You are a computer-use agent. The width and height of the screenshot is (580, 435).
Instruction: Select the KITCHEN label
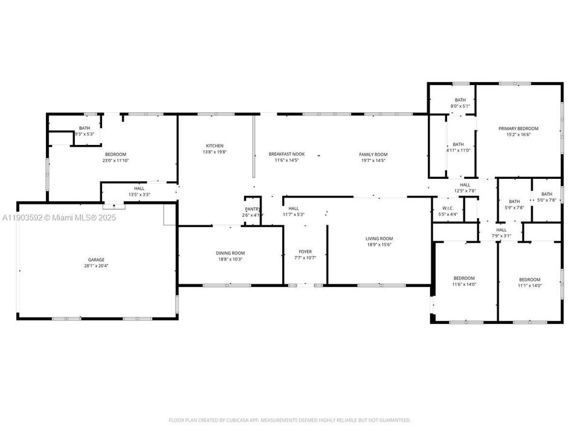click(x=214, y=146)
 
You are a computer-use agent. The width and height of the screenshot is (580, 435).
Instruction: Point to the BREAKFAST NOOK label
click(x=286, y=154)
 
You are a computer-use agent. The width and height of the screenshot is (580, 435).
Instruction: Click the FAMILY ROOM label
click(x=373, y=154)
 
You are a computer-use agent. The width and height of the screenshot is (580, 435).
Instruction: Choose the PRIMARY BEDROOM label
click(x=518, y=129)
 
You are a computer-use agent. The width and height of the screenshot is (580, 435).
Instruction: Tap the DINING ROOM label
click(x=230, y=253)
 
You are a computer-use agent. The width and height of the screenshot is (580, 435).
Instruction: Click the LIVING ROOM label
click(x=379, y=238)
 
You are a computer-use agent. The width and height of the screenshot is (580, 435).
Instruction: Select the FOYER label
click(x=305, y=251)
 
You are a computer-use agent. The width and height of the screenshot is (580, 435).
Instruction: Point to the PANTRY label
click(x=252, y=209)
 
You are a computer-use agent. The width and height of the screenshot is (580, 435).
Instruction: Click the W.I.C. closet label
click(x=448, y=208)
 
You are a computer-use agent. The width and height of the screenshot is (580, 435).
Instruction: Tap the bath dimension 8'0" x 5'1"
click(x=460, y=106)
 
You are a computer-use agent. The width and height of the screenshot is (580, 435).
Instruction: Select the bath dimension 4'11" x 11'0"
click(x=459, y=150)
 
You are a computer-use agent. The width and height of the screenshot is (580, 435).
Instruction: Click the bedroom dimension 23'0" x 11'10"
click(x=115, y=161)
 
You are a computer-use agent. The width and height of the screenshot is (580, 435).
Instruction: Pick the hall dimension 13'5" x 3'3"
click(x=139, y=195)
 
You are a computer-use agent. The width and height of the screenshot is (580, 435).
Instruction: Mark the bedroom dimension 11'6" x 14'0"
click(x=464, y=284)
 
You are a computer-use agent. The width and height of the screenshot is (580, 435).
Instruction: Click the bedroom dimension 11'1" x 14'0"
click(x=530, y=286)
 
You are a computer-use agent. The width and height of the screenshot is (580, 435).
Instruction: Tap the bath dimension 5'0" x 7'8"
click(x=546, y=200)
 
